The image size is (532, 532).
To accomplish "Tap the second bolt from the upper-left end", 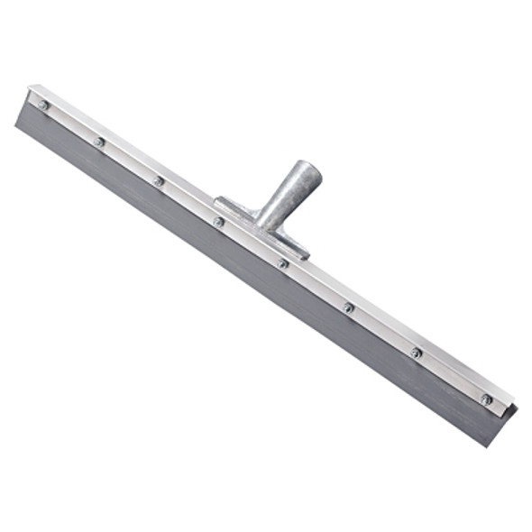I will click(98, 142).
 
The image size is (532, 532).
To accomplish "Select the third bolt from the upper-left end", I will click(159, 180).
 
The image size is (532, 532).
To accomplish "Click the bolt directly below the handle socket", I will click(219, 221).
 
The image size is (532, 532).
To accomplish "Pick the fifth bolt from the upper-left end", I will click(283, 263).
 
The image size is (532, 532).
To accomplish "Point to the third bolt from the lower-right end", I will click(348, 307).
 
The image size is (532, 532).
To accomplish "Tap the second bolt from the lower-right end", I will click(416, 352).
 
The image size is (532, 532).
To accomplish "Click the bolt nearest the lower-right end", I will click(487, 399).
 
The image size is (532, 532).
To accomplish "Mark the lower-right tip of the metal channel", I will click(516, 406).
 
